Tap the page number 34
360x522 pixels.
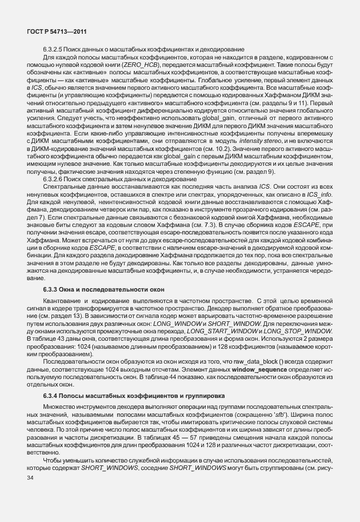click(x=30, y=484)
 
